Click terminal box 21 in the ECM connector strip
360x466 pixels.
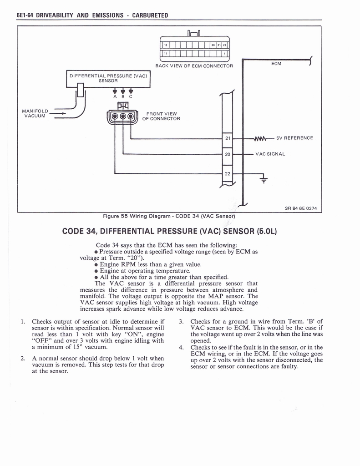[228, 138]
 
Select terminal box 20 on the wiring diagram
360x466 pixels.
[228, 154]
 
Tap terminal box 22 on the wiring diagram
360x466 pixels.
[228, 174]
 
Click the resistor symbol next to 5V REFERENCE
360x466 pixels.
[260, 138]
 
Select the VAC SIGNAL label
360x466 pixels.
[270, 154]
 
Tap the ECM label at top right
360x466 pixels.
[276, 64]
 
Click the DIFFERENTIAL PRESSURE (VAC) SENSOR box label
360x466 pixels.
[108, 78]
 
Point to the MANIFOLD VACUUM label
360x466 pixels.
[35, 113]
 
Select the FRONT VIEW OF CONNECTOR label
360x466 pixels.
[161, 116]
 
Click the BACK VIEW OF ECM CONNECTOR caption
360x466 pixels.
[194, 66]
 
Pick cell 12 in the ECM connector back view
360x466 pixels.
[166, 45]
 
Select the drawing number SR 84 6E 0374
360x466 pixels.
[300, 208]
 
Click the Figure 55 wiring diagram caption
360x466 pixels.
[169, 216]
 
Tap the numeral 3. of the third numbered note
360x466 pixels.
[181, 322]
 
